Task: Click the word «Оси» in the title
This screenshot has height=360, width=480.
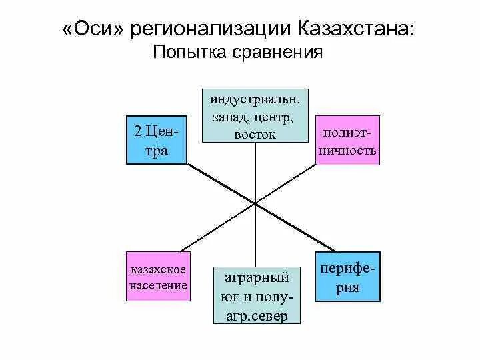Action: pos(94,29)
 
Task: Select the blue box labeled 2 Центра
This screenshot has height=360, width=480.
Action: pos(157,140)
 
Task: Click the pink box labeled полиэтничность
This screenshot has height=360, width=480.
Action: pos(347,141)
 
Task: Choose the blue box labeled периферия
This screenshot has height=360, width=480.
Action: pos(348,275)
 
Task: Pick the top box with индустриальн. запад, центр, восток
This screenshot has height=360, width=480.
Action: pos(255,114)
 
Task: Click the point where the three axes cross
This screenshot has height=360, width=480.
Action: pos(255,202)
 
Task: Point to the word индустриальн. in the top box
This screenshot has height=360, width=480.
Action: pos(255,99)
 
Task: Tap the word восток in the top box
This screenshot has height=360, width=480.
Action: pos(255,135)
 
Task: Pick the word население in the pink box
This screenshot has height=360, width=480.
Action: pos(157,285)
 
